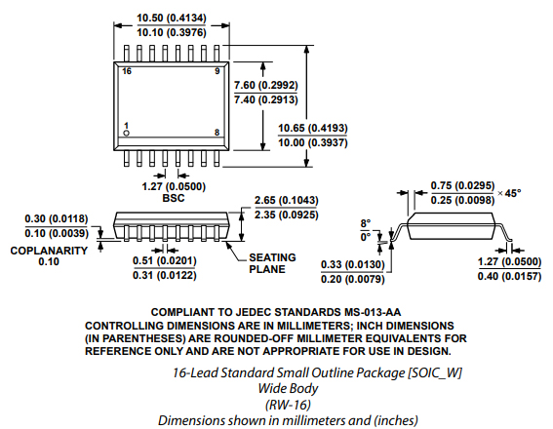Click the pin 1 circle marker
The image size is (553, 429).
[126, 133]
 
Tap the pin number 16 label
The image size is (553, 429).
[127, 71]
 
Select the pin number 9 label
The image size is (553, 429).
[217, 71]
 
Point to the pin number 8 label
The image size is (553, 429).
[217, 133]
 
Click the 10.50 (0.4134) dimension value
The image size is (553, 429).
[172, 18]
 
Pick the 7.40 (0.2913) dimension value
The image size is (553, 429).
[266, 99]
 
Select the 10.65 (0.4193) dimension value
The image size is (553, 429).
[313, 128]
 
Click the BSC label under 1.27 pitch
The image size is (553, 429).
[174, 198]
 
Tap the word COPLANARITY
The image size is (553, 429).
[49, 251]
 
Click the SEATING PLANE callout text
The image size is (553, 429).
[272, 263]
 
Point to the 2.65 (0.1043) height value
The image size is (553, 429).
[287, 200]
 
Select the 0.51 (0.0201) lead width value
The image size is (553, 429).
[165, 261]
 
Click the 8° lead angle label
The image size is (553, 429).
[366, 223]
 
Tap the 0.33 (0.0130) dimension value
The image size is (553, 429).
[353, 265]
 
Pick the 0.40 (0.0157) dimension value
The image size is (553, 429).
[509, 276]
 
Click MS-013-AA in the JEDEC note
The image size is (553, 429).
[373, 312]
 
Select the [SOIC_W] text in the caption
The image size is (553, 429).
[435, 373]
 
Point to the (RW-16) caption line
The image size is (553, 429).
[288, 405]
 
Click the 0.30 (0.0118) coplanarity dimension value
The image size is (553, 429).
[57, 219]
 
